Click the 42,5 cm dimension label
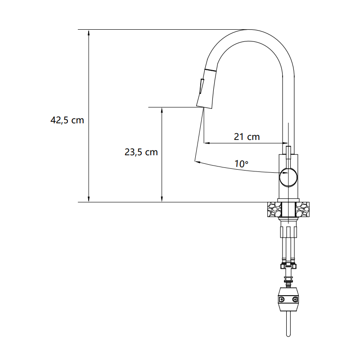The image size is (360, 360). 67,120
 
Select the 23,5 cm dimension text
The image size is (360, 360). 141,152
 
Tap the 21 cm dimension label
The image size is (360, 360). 247,137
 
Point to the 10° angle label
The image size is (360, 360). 241,164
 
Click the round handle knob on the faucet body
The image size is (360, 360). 288,177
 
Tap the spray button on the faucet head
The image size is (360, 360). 202,86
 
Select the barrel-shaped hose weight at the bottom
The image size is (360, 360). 288,300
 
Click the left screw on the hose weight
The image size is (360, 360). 282,299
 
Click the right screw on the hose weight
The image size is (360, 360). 295,299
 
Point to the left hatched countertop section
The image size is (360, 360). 274,209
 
